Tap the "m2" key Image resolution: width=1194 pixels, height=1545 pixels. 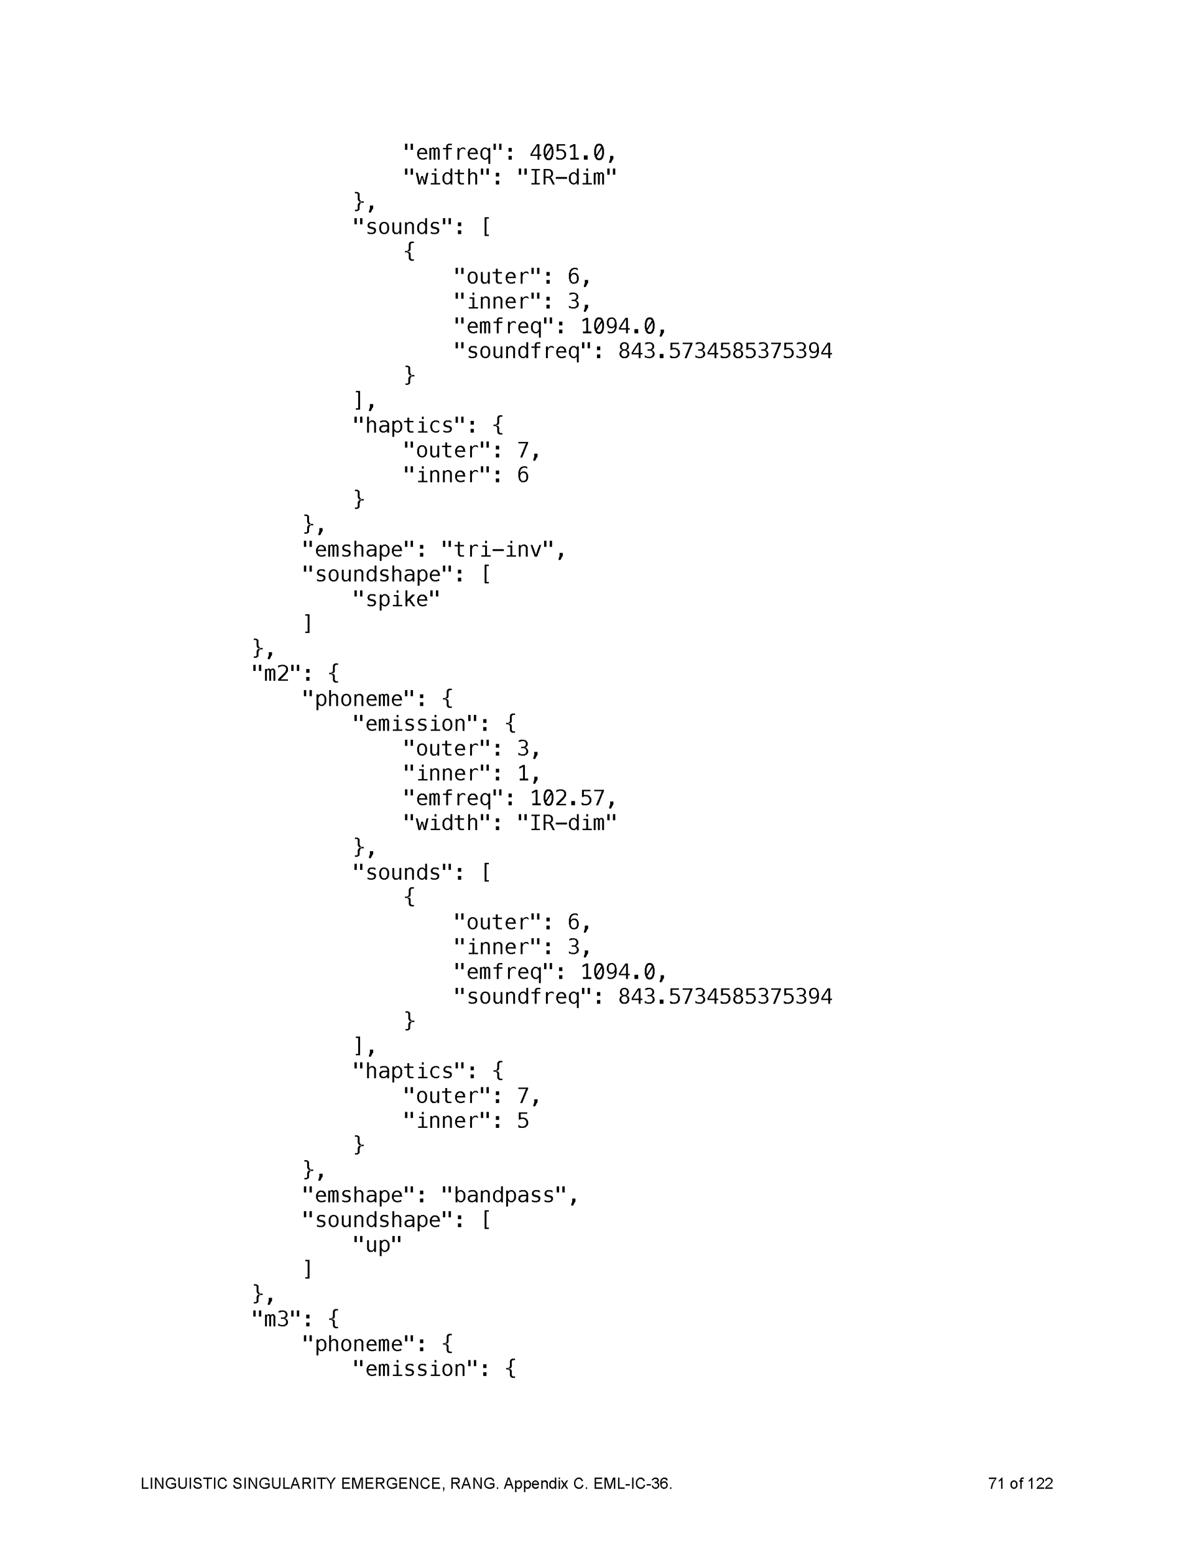coord(277,673)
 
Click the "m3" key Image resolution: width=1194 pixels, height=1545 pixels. coord(277,1319)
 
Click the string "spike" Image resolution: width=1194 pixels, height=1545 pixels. coord(396,599)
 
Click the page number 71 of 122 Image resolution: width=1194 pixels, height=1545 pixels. coord(1020,1483)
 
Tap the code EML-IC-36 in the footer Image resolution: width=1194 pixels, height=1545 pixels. coord(631,1483)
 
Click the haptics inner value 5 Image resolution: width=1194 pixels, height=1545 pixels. coord(522,1120)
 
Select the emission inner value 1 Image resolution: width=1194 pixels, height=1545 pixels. coord(522,773)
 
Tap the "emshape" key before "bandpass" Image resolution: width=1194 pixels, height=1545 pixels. coord(358,1195)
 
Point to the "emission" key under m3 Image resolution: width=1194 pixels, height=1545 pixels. coord(415,1368)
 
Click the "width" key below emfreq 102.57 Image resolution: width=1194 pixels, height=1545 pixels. coord(446,823)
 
